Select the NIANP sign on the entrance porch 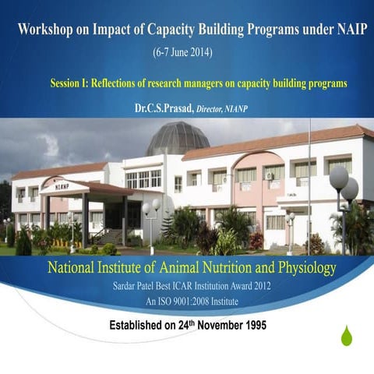(62, 186)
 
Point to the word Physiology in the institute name (301, 269)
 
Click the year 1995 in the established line (249, 325)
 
